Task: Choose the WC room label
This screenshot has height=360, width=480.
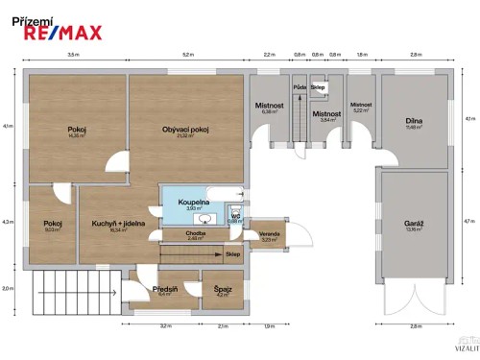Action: [x=235, y=216]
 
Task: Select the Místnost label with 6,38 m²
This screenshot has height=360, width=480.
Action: [x=268, y=105]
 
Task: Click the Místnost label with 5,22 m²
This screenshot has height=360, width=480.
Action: [x=361, y=105]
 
